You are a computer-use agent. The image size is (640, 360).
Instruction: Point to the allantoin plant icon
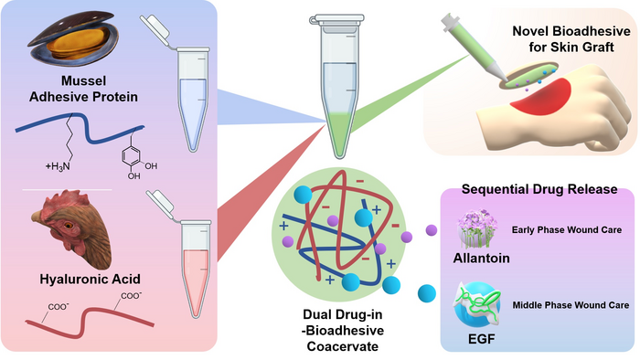click(479, 225)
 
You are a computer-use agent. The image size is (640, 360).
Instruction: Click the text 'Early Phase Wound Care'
click(563, 228)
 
